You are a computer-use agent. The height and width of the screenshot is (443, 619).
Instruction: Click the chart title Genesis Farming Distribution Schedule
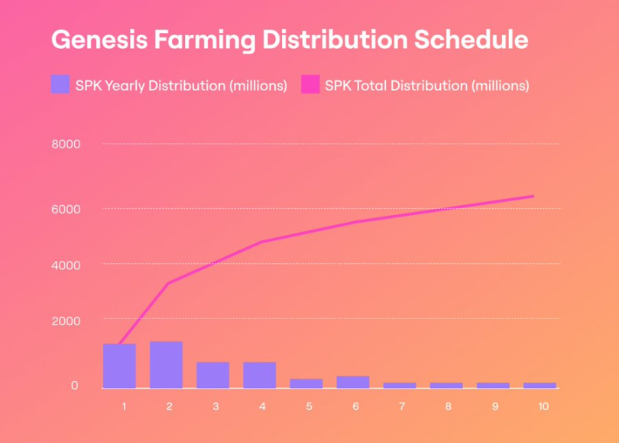(290, 40)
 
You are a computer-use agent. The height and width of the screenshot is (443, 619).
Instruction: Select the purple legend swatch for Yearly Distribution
(60, 85)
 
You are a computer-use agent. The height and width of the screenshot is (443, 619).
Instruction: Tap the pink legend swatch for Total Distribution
(310, 85)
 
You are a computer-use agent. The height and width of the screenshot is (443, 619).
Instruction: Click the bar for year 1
(119, 366)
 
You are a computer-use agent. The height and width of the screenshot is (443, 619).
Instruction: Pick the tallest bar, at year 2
(166, 364)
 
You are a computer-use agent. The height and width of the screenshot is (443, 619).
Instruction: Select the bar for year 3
(212, 375)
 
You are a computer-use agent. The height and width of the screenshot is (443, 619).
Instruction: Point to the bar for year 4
(259, 375)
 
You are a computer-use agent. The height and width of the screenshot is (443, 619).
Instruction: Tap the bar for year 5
(306, 383)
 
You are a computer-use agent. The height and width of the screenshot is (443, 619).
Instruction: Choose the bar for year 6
(352, 382)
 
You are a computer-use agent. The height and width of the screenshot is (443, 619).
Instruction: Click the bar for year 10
(540, 385)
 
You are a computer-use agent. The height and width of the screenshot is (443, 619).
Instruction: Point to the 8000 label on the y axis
(66, 144)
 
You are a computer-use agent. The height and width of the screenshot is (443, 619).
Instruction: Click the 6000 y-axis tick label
(66, 208)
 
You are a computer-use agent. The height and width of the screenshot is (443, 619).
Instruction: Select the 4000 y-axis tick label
(66, 265)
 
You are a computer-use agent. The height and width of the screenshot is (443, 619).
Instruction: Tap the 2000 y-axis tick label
(66, 320)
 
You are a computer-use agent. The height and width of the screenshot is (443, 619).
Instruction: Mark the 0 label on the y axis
(74, 386)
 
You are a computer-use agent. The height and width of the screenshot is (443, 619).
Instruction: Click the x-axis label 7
(403, 406)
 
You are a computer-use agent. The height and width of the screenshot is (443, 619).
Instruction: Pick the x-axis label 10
(543, 406)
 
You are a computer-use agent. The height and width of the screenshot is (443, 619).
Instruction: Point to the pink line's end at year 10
(533, 197)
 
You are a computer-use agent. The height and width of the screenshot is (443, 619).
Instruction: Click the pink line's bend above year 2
(167, 283)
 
